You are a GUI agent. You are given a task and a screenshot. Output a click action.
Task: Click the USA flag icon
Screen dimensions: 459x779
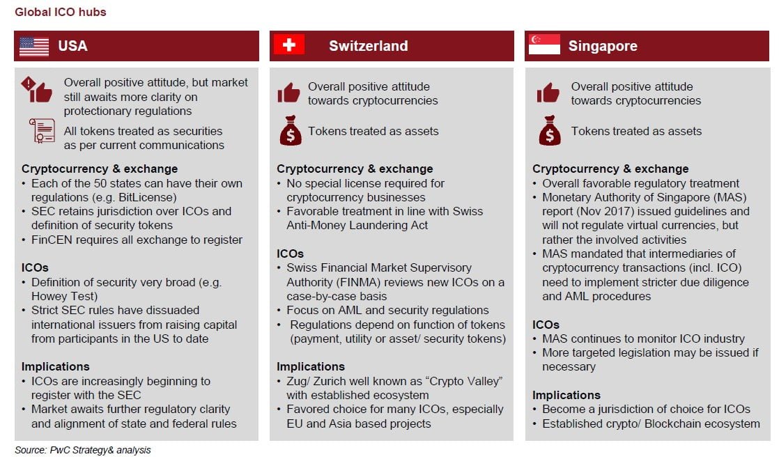tap(34, 46)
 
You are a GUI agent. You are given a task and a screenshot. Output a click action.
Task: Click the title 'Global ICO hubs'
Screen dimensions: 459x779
tap(61, 12)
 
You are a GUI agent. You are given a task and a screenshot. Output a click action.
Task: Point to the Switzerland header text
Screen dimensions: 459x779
tap(368, 47)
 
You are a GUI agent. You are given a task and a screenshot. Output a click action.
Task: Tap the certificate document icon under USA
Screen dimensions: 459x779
tap(42, 131)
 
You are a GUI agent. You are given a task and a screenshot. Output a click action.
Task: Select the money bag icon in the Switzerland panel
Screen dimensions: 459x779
tap(290, 131)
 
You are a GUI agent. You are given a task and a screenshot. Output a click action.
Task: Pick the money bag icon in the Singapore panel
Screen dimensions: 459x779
tap(549, 131)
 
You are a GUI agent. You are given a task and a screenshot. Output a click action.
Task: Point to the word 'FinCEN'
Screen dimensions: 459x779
tap(52, 240)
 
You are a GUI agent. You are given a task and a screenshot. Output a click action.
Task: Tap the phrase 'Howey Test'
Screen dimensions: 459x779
tap(61, 296)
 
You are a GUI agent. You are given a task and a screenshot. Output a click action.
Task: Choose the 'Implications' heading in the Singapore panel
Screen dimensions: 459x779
tap(566, 395)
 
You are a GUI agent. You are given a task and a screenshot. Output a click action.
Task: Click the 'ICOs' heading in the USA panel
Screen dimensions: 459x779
tap(35, 267)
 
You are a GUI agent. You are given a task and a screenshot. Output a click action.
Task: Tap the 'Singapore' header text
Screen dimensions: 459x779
tap(603, 47)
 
